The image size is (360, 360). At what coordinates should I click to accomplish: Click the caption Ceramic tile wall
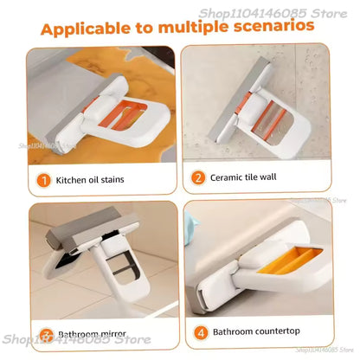tap(245, 177)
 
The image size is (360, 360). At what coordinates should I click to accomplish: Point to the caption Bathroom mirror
tap(92, 332)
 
